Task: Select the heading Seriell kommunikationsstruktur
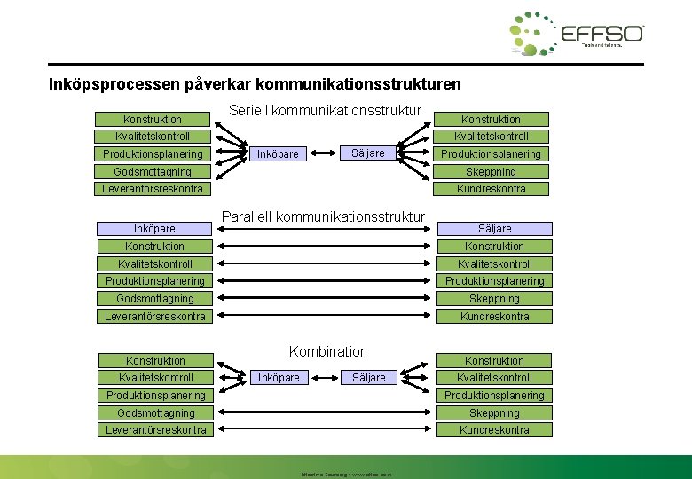325,112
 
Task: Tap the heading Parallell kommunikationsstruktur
323,216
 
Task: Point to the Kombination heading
328,351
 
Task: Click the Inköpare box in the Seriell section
277,154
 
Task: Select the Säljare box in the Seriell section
368,153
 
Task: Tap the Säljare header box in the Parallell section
494,229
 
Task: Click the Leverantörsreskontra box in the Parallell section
154,316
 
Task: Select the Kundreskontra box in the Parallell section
494,316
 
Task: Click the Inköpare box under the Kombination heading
279,378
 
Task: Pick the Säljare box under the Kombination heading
369,378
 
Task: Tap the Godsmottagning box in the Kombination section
155,412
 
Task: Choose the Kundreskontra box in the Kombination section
494,430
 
